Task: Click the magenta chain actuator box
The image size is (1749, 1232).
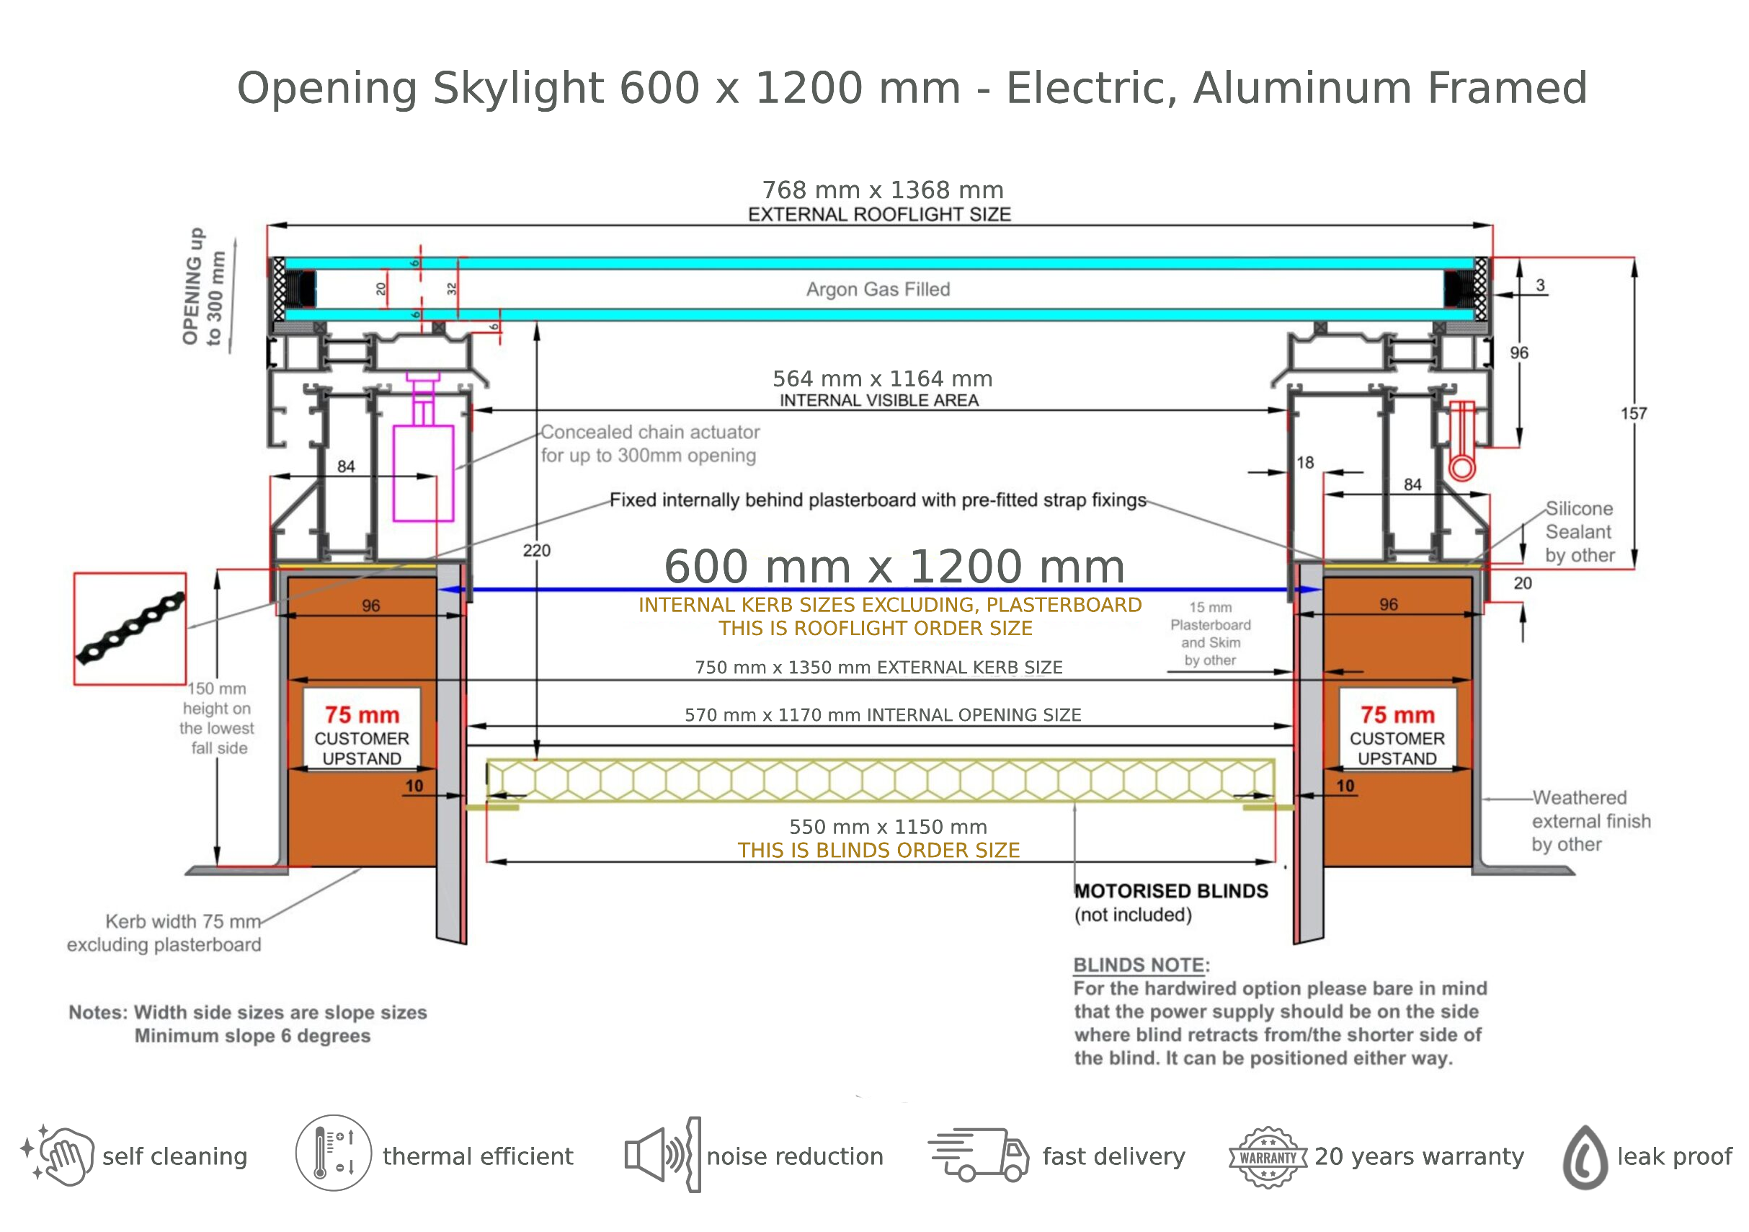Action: [423, 473]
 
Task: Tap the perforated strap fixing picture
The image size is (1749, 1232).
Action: [130, 629]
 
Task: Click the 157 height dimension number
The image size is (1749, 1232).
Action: [1634, 414]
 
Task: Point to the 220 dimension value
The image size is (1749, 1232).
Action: [536, 550]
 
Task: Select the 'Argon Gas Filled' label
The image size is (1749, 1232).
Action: [878, 290]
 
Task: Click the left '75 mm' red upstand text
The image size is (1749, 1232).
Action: [362, 714]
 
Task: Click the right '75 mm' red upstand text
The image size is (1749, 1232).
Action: [1397, 714]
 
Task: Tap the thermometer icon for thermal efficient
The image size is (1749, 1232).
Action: [334, 1153]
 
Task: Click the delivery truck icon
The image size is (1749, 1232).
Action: [978, 1154]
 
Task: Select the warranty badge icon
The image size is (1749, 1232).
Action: [1268, 1157]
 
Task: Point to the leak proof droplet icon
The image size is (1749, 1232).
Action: [1585, 1157]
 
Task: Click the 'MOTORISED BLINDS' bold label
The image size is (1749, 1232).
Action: [1171, 891]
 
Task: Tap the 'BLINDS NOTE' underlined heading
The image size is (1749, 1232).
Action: [1139, 965]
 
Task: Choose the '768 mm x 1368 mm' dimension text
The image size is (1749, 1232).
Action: [883, 190]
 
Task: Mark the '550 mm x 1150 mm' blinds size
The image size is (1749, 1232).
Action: [889, 827]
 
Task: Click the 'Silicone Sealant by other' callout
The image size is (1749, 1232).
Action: [1580, 532]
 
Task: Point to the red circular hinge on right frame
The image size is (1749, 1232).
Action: [1461, 467]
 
